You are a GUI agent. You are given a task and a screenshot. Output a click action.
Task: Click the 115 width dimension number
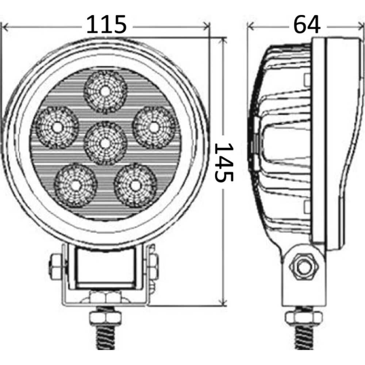pos(106,25)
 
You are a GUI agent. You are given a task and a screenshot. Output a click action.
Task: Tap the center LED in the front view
pos(105,143)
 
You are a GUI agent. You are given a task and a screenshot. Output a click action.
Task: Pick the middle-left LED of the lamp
pos(58,127)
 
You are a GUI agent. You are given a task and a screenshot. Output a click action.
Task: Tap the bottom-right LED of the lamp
pos(135,185)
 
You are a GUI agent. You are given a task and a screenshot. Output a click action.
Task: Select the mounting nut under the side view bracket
pos(305,316)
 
